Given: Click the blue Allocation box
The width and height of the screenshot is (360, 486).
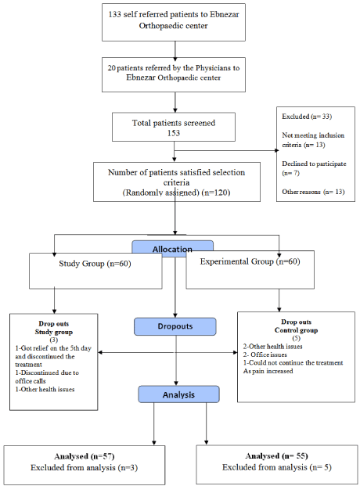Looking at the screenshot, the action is (x=172, y=249).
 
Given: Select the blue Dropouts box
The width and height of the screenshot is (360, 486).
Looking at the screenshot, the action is (x=175, y=326).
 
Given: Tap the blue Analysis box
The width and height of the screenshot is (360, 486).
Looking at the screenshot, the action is (x=178, y=394).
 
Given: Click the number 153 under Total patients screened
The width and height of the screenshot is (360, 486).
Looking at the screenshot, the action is (x=174, y=133).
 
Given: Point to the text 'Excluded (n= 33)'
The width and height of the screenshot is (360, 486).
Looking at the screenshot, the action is (x=307, y=117).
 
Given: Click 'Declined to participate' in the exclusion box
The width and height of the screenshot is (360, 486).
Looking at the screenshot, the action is (x=314, y=164).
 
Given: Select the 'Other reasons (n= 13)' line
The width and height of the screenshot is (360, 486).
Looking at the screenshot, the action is (x=313, y=192).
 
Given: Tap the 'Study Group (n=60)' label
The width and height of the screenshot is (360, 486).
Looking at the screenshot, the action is (x=95, y=264).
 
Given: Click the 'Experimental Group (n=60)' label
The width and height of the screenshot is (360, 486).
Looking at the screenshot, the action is (x=250, y=261).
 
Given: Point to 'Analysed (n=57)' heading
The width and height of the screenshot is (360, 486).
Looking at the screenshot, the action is (x=85, y=456).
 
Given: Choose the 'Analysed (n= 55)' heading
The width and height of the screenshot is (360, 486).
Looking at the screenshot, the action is (x=276, y=456).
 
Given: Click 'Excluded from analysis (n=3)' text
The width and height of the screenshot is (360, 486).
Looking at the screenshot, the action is (x=84, y=467).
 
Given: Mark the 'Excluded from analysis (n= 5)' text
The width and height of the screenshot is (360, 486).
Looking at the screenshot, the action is (x=276, y=467).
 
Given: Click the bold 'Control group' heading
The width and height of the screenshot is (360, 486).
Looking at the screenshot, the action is (x=296, y=330).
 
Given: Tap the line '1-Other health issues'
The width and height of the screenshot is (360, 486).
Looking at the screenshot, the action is (x=45, y=389).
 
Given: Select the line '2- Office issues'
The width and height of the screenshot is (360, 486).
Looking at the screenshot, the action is (x=265, y=355).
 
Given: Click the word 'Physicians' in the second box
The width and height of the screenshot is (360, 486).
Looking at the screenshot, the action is (x=213, y=68).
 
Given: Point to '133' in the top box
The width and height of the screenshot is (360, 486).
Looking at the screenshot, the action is (x=115, y=14).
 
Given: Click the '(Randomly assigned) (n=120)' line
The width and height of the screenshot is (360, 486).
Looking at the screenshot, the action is (x=176, y=193).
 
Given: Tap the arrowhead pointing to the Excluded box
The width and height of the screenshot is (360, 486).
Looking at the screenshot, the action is (x=277, y=150).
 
